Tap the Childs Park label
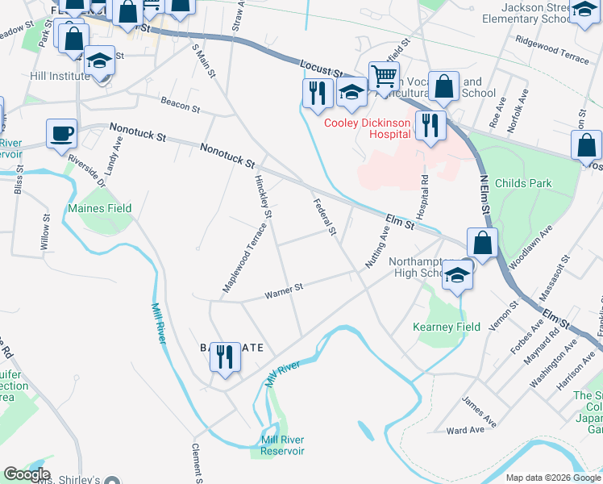524,183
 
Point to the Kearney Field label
447,327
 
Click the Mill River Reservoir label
282,445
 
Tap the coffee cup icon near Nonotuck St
61,133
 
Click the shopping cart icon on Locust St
385,77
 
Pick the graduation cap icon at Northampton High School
457,275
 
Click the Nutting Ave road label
377,247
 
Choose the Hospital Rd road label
422,196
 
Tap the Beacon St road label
180,105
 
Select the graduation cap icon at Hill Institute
101,61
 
